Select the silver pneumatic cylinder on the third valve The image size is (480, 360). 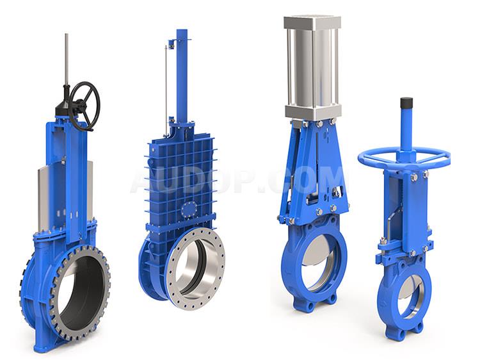312,68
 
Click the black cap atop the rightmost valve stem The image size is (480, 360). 406,103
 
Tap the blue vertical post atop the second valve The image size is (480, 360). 182,77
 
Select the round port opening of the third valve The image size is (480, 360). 316,259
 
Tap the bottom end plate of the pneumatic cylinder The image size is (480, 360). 312,113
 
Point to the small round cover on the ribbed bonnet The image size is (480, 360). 188,210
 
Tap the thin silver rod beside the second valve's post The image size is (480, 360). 166,90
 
